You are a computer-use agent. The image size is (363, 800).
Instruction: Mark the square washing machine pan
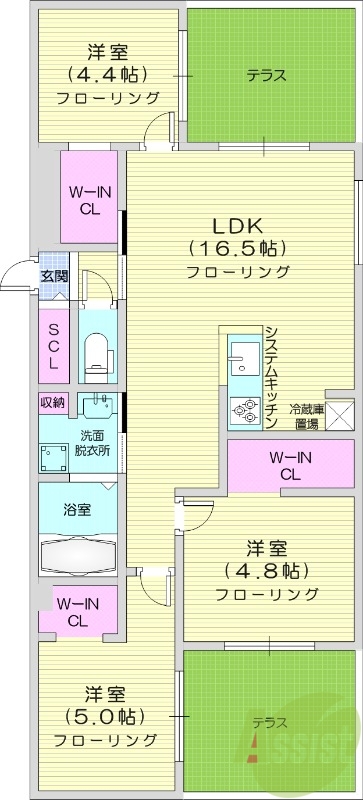point(53,456)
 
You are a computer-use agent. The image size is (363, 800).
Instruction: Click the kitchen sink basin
point(241,351)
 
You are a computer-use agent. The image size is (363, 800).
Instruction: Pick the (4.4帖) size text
point(108,74)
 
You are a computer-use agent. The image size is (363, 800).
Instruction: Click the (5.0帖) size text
point(106,716)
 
